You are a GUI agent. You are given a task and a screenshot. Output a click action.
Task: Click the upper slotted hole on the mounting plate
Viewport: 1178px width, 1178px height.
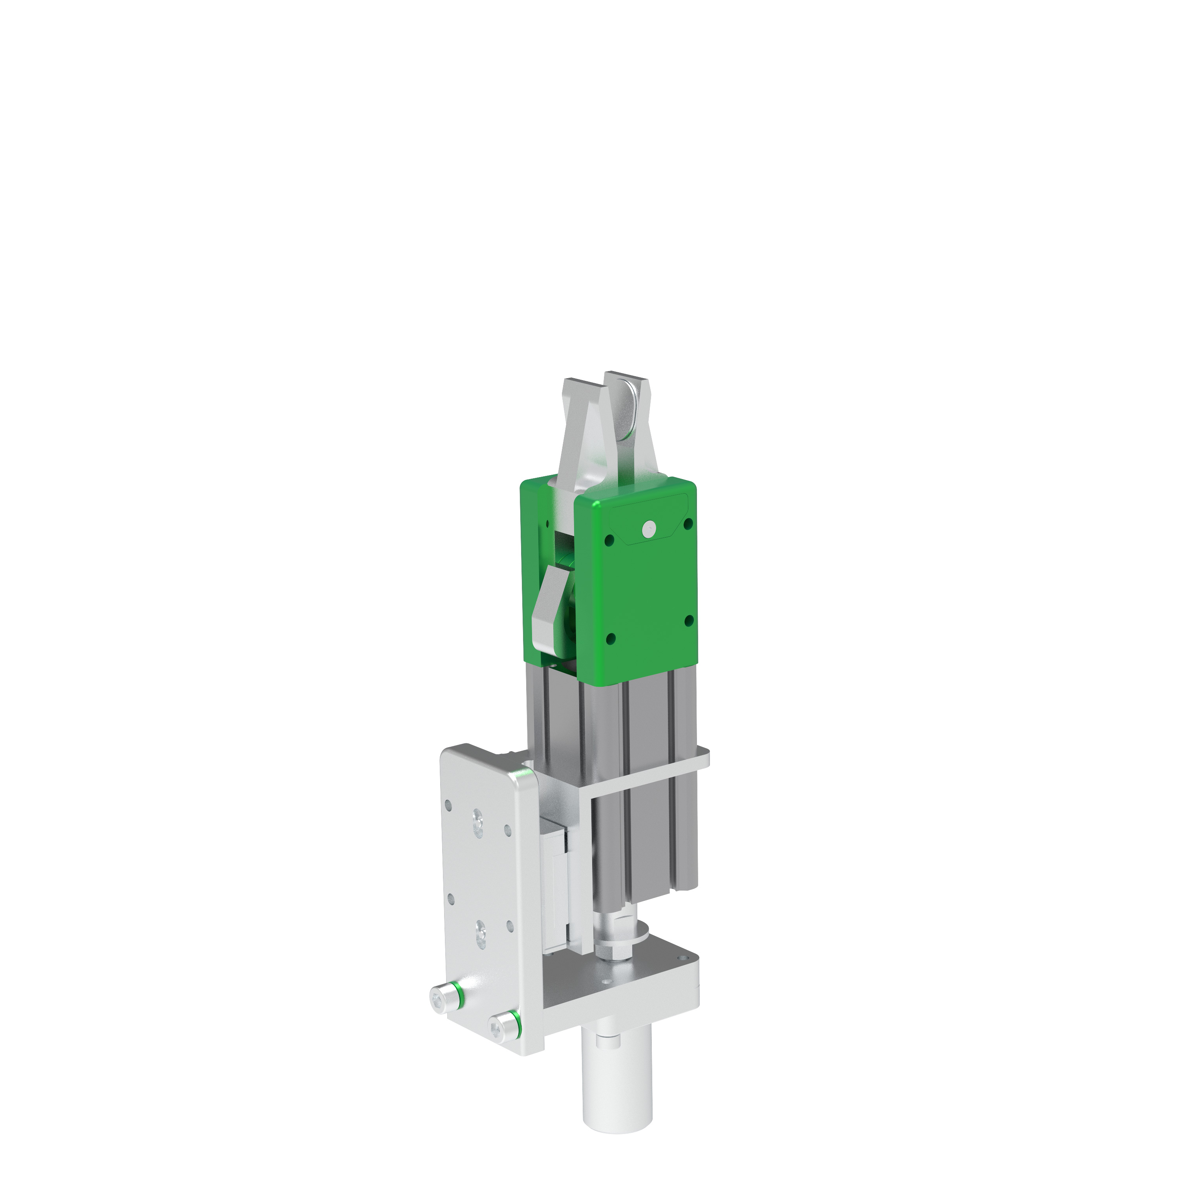coord(477,823)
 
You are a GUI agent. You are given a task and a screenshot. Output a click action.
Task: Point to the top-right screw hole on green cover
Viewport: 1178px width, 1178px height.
coord(688,524)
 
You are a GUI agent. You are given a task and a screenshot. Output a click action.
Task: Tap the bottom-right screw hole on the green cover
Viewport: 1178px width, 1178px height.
coord(690,621)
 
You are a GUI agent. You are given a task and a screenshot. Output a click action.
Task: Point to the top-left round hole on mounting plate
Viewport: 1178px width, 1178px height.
coord(449,805)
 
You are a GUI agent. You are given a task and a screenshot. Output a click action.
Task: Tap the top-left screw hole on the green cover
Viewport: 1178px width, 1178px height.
coord(609,540)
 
